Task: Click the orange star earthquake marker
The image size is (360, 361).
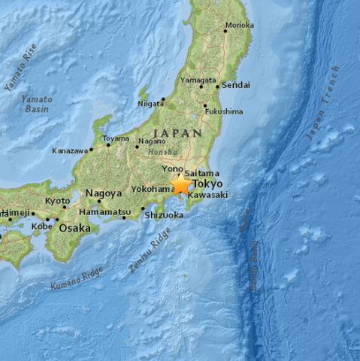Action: point(180,184)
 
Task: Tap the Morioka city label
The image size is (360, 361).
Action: point(241,25)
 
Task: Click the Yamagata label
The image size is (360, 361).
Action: point(198,80)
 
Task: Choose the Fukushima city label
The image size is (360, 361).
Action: point(224,111)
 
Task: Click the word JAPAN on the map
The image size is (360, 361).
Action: point(177,132)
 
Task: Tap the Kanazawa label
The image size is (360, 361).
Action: point(70,150)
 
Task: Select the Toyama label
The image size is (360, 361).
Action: point(115,138)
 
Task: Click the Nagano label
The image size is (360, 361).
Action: point(153,141)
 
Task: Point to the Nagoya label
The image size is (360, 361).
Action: point(104,193)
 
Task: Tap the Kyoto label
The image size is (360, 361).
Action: point(57,201)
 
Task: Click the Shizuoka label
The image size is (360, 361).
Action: point(164,215)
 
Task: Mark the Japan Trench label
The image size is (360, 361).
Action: point(322,103)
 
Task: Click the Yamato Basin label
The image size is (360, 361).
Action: point(36,104)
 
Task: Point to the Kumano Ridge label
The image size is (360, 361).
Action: point(76,279)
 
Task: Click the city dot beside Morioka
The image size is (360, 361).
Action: point(225,31)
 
